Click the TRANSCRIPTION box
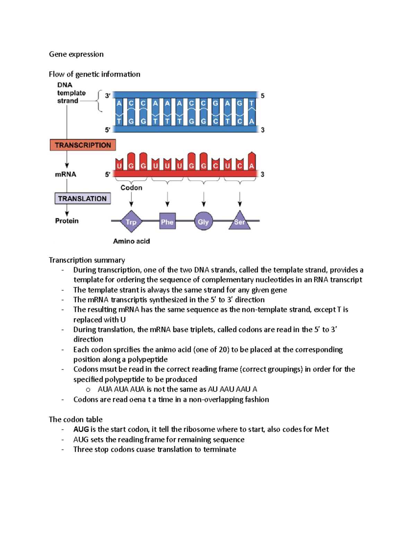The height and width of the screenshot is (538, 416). (83, 145)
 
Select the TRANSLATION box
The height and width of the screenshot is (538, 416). (83, 199)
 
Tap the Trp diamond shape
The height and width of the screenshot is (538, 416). (131, 222)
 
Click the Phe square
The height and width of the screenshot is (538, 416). (167, 222)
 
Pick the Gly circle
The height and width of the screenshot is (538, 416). (203, 222)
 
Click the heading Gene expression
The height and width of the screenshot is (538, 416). (76, 54)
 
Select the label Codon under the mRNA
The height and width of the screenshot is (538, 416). (131, 187)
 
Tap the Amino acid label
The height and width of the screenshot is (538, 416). (131, 241)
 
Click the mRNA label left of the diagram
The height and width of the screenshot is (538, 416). (66, 174)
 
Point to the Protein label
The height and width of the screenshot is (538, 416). (67, 221)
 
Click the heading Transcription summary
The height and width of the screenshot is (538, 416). (87, 260)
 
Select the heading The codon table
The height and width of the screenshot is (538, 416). (76, 419)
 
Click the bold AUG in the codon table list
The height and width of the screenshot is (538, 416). (81, 429)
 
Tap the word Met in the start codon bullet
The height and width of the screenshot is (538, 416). (321, 429)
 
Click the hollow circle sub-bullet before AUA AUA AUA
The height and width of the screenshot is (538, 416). (88, 390)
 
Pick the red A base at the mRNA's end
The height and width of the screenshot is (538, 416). (252, 165)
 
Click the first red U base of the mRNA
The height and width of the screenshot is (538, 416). (119, 166)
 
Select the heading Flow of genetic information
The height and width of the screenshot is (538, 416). (94, 74)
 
